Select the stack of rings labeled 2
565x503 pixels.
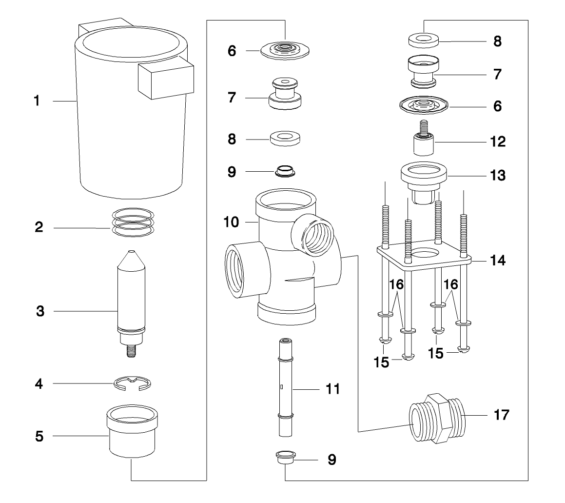132,222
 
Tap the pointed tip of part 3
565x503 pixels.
131,254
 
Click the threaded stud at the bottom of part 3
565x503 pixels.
131,351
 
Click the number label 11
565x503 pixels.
333,389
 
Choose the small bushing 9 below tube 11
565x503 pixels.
284,457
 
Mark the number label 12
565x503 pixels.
497,142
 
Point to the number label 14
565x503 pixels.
498,261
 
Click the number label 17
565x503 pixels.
501,415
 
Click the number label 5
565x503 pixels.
39,436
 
